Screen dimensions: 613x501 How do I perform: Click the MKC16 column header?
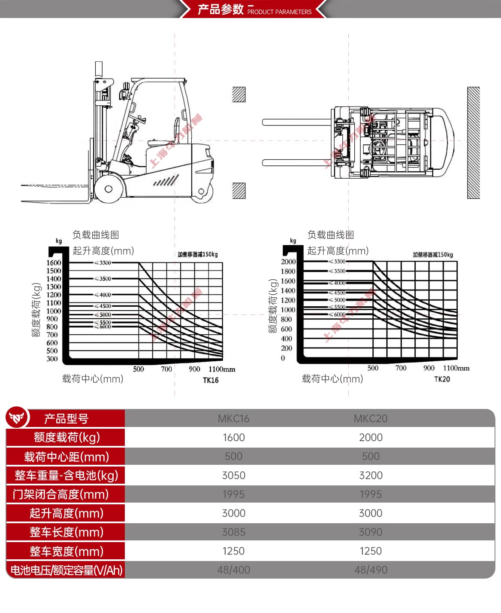[x=233, y=418]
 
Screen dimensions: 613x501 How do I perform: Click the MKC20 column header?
[x=370, y=418]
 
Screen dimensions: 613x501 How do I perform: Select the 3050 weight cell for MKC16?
[x=233, y=475]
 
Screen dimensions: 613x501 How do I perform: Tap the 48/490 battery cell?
[x=370, y=570]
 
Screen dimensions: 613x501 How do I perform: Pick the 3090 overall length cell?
[x=370, y=532]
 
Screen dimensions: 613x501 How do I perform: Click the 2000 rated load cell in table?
[x=370, y=437]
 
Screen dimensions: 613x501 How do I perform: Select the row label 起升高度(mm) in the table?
[x=66, y=513]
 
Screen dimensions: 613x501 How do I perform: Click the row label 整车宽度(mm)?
[x=66, y=551]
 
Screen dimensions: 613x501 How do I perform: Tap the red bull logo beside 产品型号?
[x=16, y=417]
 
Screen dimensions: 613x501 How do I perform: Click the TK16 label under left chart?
[x=211, y=380]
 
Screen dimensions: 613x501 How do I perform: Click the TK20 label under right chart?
[x=442, y=379]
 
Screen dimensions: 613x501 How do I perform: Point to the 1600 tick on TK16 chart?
[x=54, y=262]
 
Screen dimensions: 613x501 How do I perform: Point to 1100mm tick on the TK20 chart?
[x=456, y=368]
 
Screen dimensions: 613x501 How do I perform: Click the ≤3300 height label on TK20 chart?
[x=337, y=262]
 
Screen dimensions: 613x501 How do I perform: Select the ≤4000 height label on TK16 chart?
[x=103, y=295]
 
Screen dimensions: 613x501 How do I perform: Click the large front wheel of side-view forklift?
[x=109, y=189]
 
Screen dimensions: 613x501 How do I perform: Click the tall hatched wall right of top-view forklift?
[x=473, y=143]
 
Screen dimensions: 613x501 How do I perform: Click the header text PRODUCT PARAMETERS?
[x=279, y=12]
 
